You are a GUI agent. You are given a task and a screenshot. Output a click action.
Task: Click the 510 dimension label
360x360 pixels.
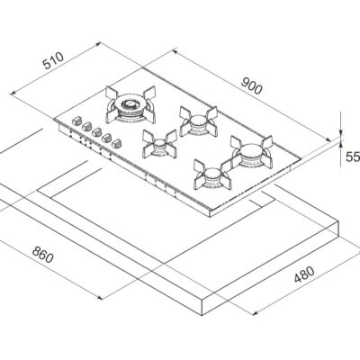coord(53,60)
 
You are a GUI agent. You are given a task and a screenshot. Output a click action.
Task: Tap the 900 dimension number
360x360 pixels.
coord(251,85)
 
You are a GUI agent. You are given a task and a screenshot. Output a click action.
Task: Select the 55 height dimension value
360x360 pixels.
coord(353,157)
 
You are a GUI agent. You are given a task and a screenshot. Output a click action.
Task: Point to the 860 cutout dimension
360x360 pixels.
coord(43,255)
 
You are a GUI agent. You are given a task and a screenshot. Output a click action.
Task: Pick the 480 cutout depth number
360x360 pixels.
coord(304,274)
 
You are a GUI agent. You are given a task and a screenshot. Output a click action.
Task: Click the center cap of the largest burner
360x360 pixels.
coord(130,103)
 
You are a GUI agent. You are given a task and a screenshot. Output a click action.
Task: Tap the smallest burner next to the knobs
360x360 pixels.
coord(159,144)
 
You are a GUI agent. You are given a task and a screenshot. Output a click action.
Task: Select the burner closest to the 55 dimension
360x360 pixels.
coord(251,151)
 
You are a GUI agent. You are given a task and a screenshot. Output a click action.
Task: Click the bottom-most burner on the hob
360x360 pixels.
coord(212,175)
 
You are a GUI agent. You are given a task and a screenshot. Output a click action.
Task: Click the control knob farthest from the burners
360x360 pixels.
coord(76,121)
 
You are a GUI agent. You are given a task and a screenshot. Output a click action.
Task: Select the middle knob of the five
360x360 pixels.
coord(96,131)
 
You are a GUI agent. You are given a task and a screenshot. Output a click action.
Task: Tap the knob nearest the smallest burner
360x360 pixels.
coord(116,143)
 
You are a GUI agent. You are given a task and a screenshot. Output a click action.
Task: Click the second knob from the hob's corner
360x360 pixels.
coord(86,126)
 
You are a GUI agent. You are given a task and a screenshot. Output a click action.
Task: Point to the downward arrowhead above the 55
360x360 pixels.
coord(341,131)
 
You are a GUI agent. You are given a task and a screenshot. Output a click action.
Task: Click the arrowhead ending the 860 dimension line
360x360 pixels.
coord(100,297)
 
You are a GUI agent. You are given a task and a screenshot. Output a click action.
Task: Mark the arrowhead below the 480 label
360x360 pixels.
coord(255,313)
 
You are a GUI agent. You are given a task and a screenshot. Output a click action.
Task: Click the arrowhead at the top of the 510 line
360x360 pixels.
coord(96,44)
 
